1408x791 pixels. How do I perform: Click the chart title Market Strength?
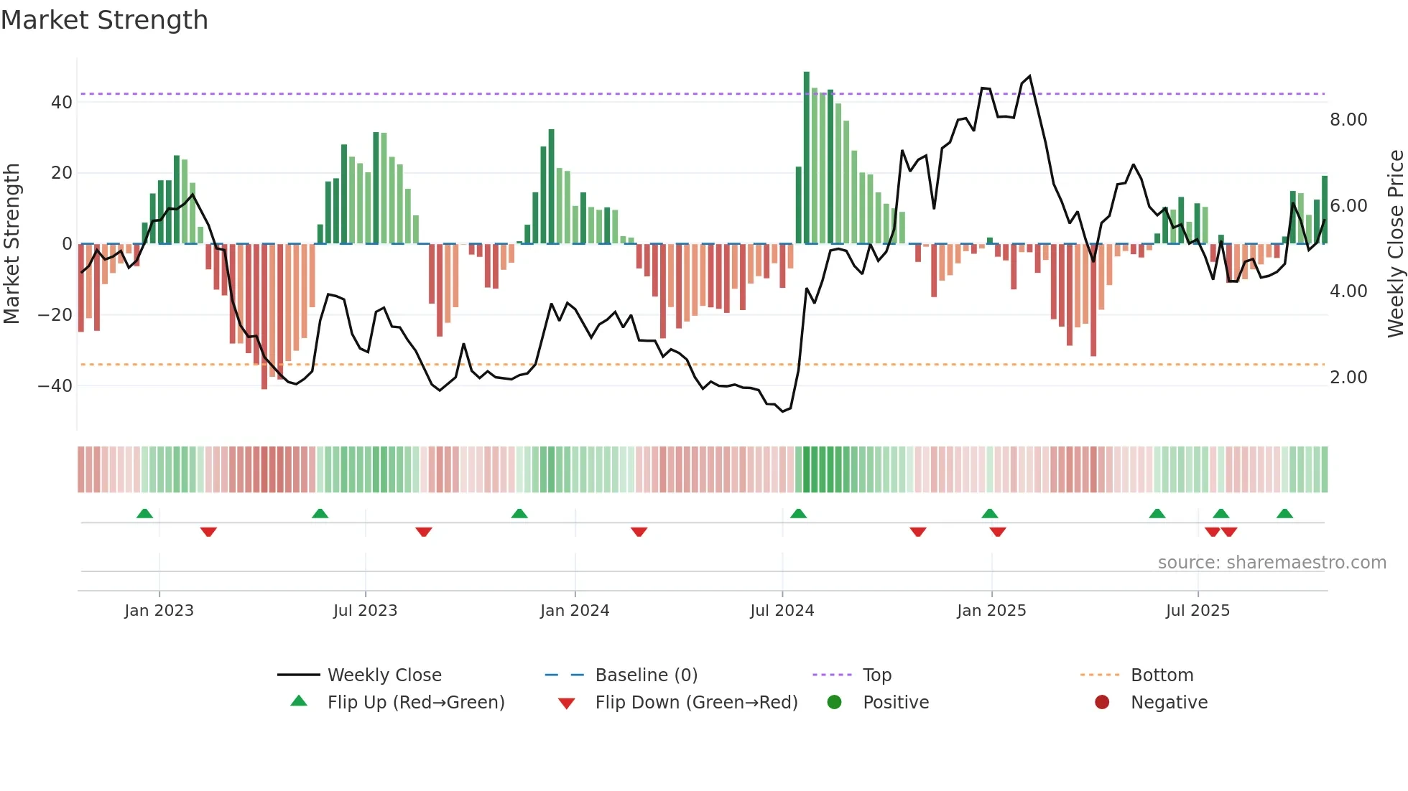(104, 20)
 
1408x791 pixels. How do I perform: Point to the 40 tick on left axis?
(62, 103)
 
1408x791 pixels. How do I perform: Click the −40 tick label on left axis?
(55, 386)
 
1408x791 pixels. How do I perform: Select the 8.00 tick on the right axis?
(1348, 120)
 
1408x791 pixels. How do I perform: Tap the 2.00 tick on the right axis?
(1348, 378)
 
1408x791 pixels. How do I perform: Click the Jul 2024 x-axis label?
(782, 611)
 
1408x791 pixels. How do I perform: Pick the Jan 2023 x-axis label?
(159, 611)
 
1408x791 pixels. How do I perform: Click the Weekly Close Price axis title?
(1395, 244)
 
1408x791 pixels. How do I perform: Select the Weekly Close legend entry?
(384, 675)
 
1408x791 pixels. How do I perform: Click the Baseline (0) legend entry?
(646, 675)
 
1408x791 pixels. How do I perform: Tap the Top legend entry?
(876, 675)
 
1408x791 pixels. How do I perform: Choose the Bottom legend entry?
(1162, 675)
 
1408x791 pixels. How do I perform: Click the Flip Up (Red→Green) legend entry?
(415, 703)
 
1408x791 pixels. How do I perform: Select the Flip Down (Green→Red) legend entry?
(696, 703)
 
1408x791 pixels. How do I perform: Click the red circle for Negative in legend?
(1102, 703)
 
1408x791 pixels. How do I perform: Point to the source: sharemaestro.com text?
(1272, 563)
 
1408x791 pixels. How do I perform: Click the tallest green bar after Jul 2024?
(807, 158)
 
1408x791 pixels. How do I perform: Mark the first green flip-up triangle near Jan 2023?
(144, 514)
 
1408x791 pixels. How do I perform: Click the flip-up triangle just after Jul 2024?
(798, 514)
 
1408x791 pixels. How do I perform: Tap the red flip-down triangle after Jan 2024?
(639, 532)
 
